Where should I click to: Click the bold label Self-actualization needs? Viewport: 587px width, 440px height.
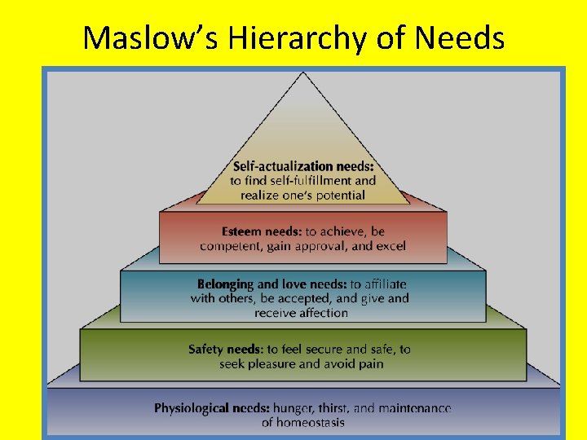click(302, 166)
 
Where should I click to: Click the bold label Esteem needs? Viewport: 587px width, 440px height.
click(262, 231)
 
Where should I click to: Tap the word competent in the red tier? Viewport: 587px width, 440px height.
click(231, 245)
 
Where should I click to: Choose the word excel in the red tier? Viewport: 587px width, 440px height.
click(390, 245)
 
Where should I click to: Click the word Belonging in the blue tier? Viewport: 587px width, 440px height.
click(226, 284)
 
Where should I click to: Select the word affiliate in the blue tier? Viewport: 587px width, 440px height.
click(378, 284)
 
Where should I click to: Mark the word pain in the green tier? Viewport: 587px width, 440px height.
click(371, 363)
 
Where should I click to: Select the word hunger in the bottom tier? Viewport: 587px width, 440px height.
click(295, 407)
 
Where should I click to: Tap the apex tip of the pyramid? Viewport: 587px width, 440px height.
click(303, 73)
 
